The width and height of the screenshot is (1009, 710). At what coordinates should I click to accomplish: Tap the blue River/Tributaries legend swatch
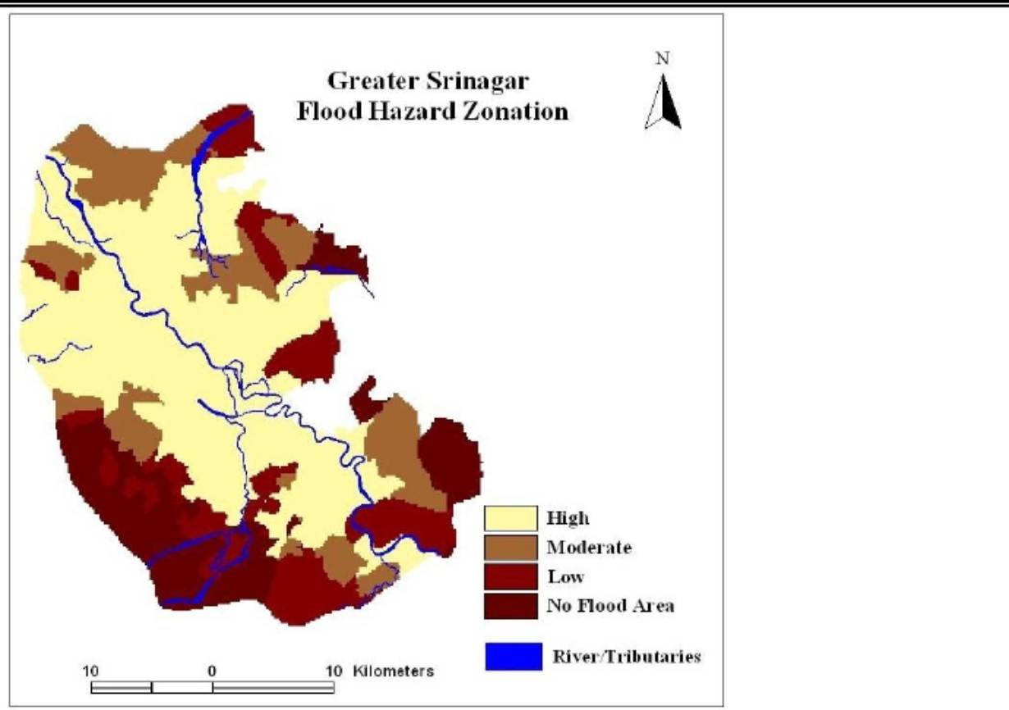click(x=514, y=657)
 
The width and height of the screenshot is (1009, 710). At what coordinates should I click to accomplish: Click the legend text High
click(x=568, y=518)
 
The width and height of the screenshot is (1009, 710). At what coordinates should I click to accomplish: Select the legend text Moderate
click(x=589, y=547)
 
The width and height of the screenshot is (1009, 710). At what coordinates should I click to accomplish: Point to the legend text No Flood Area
click(x=610, y=606)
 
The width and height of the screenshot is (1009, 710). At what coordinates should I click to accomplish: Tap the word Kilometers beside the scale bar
click(x=394, y=671)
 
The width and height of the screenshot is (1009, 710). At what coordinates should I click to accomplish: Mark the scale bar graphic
click(x=212, y=687)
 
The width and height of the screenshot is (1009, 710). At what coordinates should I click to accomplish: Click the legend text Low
click(x=566, y=576)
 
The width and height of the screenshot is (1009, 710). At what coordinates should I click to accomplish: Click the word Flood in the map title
click(x=330, y=112)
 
